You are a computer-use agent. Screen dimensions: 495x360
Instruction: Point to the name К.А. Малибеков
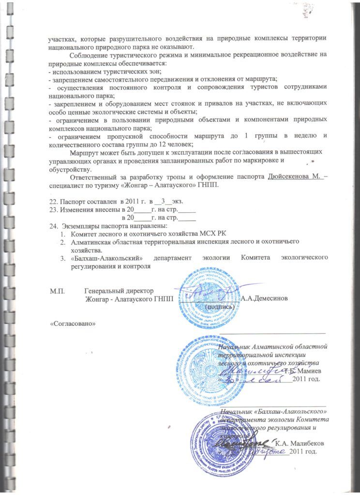point(303,443)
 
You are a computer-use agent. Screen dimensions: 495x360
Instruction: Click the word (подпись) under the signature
point(221,306)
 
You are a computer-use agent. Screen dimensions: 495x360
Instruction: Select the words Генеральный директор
point(119,291)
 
